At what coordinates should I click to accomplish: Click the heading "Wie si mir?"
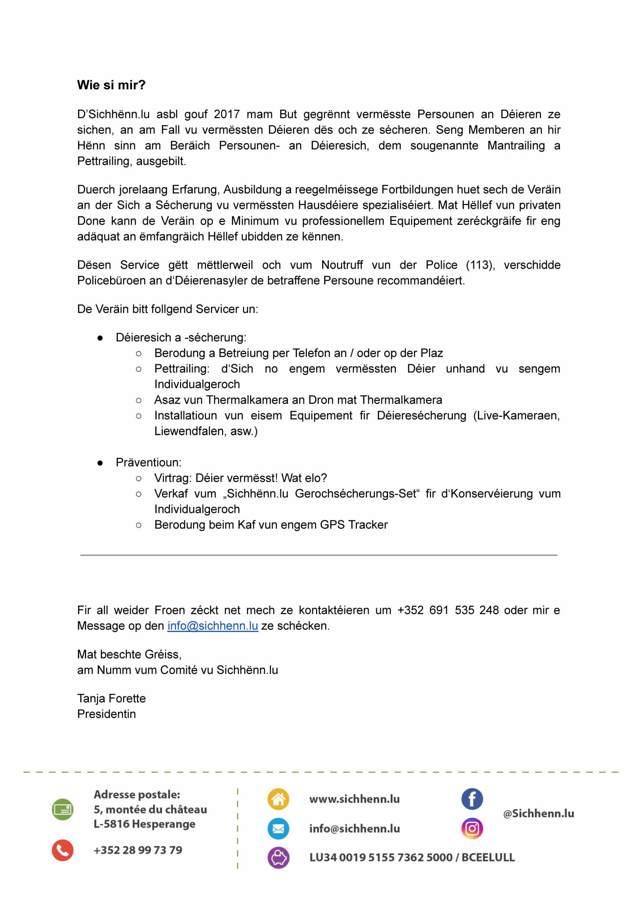[x=111, y=85]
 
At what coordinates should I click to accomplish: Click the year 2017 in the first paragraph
[x=227, y=115]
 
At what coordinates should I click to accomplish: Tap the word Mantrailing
[x=516, y=146]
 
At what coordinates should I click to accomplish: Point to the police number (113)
[x=480, y=265]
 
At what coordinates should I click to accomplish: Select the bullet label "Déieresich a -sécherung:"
[x=181, y=338]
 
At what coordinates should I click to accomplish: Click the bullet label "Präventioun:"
[x=148, y=462]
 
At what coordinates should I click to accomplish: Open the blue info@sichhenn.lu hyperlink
[x=213, y=626]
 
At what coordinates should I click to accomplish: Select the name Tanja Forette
[x=111, y=698]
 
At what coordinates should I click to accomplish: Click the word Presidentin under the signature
[x=106, y=714]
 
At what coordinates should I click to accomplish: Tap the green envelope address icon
[x=62, y=810]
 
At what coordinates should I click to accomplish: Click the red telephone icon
[x=62, y=850]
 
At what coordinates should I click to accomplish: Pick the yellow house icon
[x=278, y=799]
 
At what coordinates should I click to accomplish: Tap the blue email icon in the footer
[x=278, y=829]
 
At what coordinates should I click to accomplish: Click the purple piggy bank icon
[x=278, y=858]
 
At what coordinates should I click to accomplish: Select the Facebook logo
[x=472, y=799]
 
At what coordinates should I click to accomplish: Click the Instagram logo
[x=472, y=829]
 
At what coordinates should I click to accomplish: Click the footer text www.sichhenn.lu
[x=354, y=799]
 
